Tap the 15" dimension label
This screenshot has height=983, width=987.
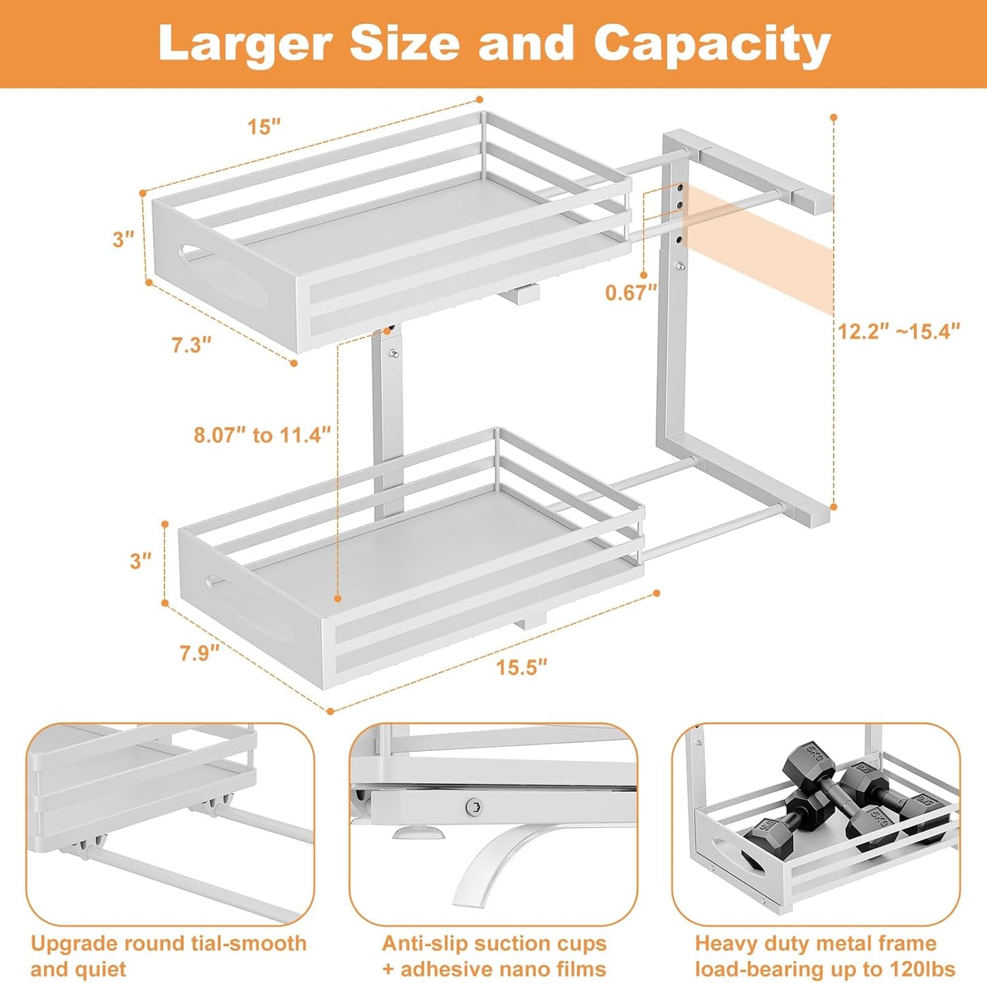[x=264, y=127]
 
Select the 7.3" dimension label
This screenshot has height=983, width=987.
[x=191, y=345]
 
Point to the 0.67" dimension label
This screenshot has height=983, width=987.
[x=630, y=292]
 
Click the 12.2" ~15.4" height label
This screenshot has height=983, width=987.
[x=899, y=332]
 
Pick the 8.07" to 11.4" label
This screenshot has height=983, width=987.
[x=262, y=435]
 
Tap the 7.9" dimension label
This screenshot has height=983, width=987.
[x=199, y=653]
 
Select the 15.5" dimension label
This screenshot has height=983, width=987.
[x=522, y=667]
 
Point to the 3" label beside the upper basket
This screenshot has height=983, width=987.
[x=124, y=240]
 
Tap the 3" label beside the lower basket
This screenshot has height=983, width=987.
[x=141, y=560]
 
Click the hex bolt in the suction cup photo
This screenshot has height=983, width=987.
[x=472, y=807]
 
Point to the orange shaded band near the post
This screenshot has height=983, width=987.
[x=758, y=246]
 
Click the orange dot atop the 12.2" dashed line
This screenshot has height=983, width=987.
[x=834, y=117]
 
